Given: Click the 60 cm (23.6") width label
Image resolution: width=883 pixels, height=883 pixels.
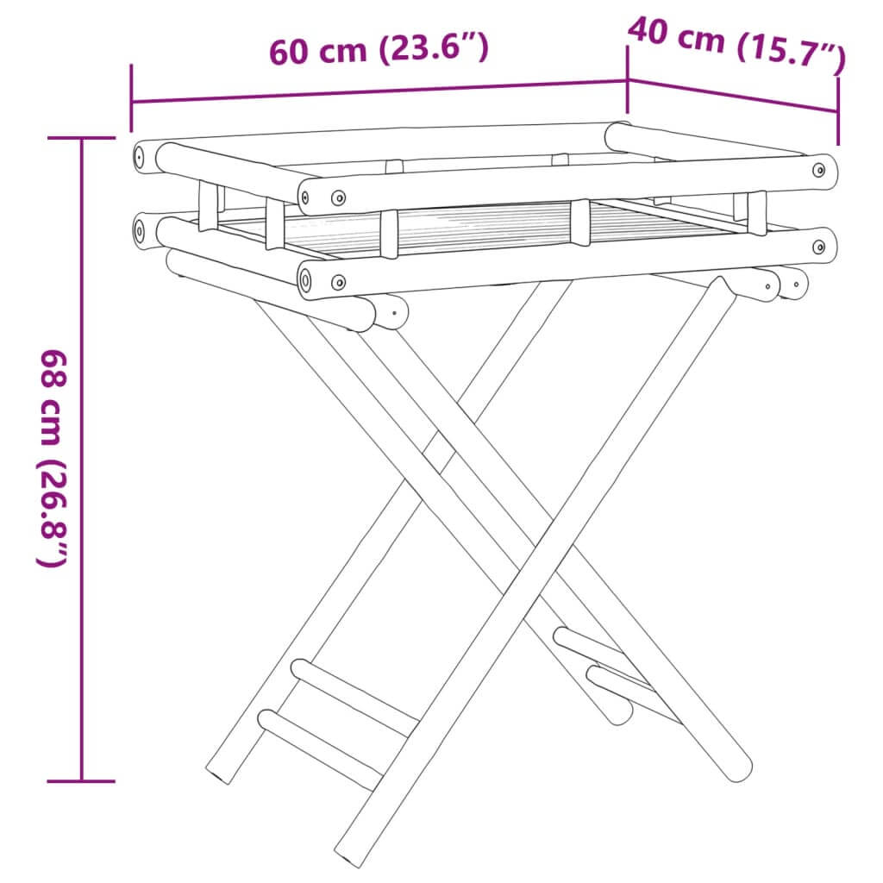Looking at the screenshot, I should (x=379, y=50).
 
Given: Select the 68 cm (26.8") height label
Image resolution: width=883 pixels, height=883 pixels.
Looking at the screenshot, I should (x=52, y=457).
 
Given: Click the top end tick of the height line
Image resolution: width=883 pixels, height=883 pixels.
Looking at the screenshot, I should (x=82, y=138).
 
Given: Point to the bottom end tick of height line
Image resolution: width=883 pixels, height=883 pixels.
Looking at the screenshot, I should (x=82, y=781).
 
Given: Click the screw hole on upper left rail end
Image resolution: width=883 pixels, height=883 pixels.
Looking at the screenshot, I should (x=138, y=158).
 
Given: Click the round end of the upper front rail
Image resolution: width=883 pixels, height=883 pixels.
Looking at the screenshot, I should (x=310, y=196).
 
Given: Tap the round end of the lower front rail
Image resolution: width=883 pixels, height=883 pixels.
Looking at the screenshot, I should (x=310, y=281).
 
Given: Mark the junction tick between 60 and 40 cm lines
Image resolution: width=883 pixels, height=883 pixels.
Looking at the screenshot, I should (x=627, y=80).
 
